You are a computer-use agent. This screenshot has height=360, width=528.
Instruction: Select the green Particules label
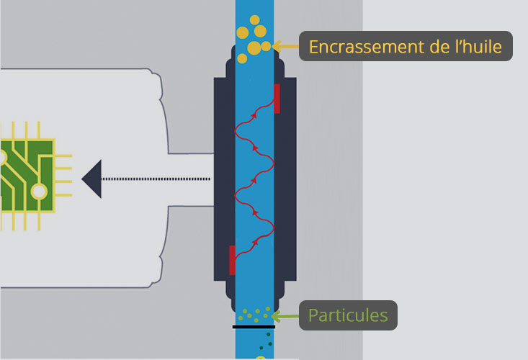coord(348,315)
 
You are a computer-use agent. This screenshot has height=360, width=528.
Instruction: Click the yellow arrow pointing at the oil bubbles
coord(285,47)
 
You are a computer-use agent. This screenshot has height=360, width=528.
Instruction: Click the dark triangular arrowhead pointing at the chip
coord(91,179)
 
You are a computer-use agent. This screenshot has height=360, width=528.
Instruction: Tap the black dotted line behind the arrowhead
coord(155,179)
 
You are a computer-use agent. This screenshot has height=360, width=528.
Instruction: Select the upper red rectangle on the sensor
coord(277,98)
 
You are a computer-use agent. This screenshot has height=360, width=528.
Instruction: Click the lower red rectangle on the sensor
coord(232,260)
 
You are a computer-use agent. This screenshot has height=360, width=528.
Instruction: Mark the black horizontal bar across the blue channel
coord(254,327)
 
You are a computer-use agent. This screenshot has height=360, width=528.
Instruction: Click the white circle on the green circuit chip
coord(38,192)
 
